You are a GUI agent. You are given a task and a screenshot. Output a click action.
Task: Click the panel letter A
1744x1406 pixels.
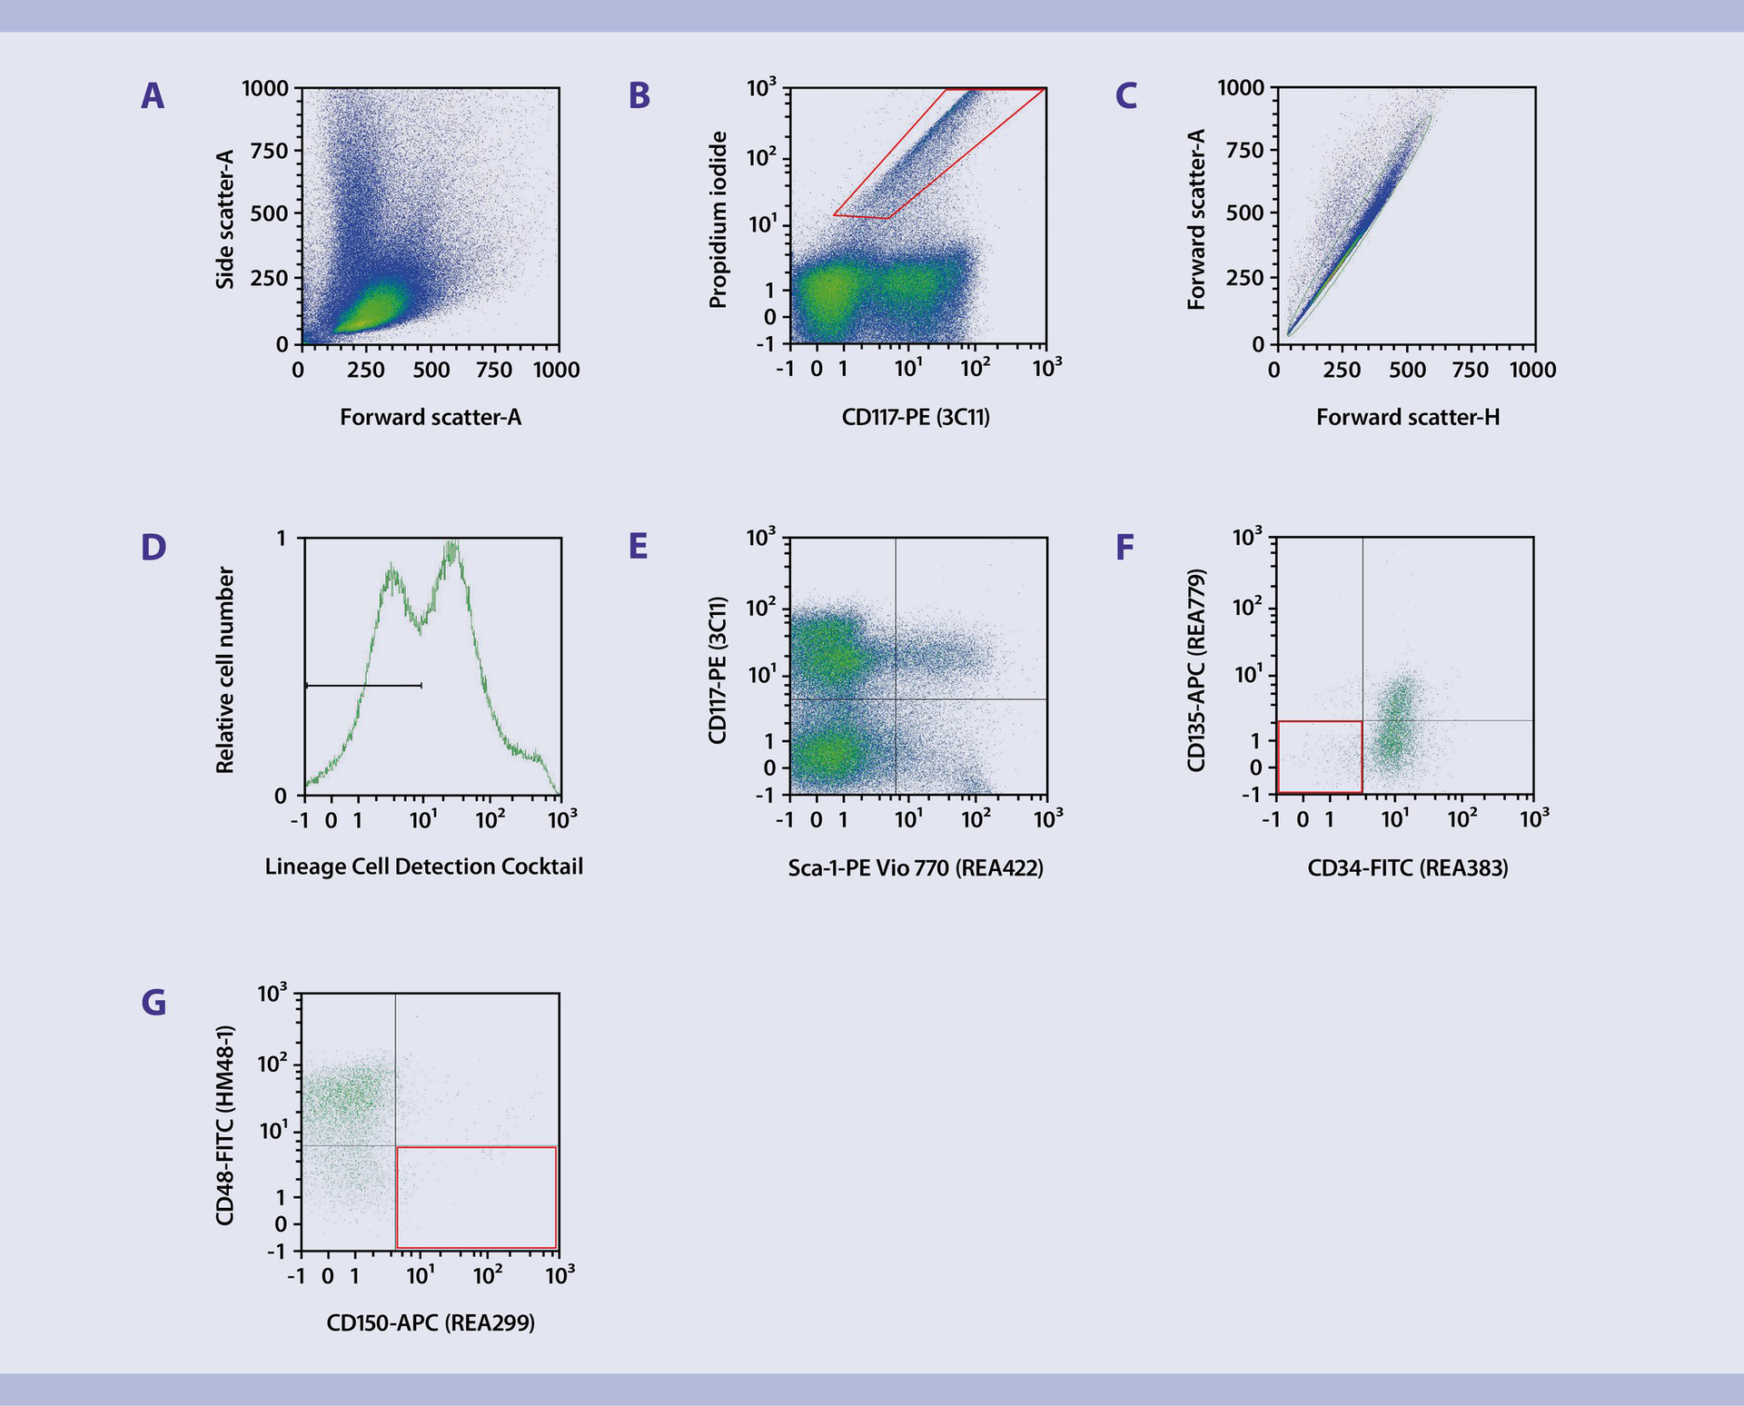(153, 96)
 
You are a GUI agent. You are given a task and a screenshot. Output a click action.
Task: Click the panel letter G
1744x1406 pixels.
(154, 1003)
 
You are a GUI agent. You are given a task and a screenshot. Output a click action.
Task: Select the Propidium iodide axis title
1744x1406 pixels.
(718, 220)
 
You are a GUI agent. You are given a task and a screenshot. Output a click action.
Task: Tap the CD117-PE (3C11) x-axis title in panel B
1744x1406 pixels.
(916, 418)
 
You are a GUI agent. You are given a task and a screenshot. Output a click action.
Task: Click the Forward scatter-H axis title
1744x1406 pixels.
(1407, 418)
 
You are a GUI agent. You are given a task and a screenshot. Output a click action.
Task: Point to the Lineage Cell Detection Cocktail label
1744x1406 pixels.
(423, 867)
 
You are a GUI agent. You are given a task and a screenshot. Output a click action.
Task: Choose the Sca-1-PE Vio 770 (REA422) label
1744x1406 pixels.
(916, 868)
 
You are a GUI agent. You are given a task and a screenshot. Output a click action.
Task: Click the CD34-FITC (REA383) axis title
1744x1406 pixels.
(1407, 868)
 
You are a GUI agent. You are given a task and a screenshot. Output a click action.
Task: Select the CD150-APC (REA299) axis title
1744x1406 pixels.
(431, 1322)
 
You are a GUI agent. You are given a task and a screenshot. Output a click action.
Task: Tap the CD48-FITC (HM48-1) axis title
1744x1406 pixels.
(225, 1124)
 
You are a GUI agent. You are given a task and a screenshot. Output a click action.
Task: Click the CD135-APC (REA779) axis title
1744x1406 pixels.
(1196, 670)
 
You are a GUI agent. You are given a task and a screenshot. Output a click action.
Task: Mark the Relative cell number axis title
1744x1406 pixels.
(225, 670)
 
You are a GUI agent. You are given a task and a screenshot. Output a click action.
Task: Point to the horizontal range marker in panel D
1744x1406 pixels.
(363, 685)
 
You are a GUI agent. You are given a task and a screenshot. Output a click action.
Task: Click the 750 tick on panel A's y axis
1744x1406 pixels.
(269, 151)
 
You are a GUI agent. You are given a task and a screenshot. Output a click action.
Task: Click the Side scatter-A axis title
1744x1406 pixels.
(225, 220)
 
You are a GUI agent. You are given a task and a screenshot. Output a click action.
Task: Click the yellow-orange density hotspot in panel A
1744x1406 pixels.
(359, 313)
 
